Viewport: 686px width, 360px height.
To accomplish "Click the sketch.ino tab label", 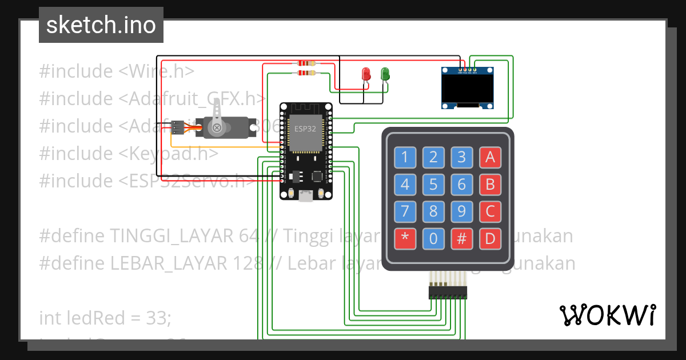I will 101,25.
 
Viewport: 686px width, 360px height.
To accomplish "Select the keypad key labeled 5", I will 433,184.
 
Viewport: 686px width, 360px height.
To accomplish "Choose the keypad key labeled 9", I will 462,211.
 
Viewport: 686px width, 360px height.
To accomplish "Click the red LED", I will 366,74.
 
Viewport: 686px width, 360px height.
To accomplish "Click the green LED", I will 385,74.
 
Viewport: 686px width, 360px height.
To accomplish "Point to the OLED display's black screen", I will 467,89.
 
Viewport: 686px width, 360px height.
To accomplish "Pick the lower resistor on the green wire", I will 306,73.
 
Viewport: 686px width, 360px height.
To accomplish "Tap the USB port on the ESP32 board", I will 306,197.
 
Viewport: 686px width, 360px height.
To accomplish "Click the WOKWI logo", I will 607,315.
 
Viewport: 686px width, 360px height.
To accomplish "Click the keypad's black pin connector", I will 448,293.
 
